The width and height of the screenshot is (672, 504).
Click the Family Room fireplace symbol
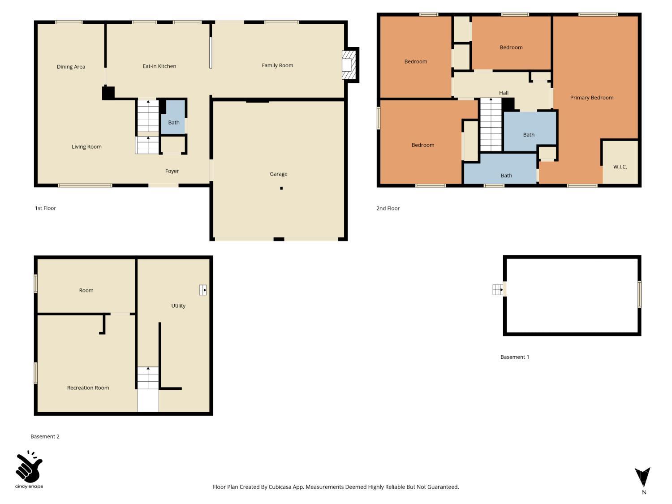349,65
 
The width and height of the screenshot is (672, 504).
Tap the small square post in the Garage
281,188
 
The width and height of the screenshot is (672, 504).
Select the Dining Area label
71,67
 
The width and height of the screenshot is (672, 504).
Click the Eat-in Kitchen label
159,66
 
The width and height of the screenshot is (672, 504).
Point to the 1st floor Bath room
173,117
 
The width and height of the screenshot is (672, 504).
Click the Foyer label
172,171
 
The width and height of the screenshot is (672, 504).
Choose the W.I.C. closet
620,162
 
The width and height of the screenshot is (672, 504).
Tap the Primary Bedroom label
591,98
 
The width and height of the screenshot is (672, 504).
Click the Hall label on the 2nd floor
504,93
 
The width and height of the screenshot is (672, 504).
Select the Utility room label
178,306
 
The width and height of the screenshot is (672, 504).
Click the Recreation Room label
88,388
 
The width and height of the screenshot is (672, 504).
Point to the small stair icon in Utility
203,290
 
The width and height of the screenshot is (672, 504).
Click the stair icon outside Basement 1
497,290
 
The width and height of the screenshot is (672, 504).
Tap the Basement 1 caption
514,357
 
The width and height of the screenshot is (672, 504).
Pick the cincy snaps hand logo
29,467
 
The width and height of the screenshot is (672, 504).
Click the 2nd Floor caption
388,208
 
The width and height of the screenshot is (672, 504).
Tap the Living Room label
86,147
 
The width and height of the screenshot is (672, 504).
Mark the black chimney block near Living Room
108,93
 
